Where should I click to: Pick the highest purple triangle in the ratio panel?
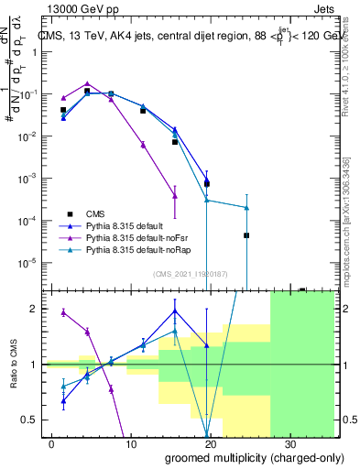click(63, 312)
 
